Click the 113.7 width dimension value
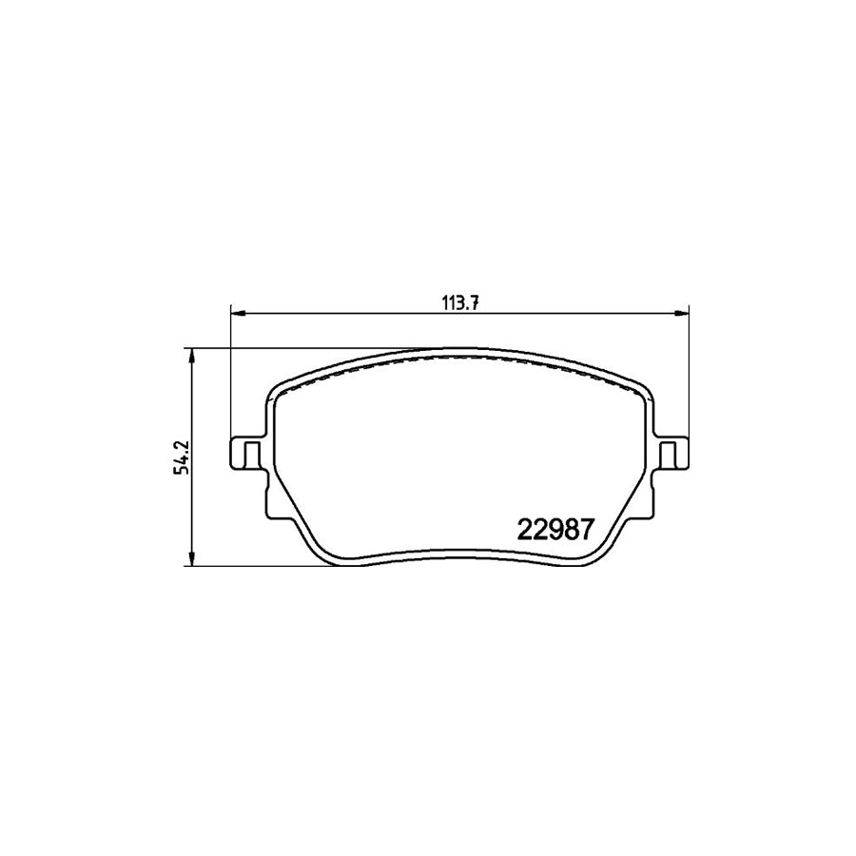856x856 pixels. point(459,304)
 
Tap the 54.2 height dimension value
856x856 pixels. point(182,457)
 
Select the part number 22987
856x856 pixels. point(554,529)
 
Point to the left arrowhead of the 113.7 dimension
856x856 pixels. point(239,313)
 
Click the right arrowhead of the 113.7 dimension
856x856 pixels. point(681,313)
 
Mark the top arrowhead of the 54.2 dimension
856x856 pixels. point(191,356)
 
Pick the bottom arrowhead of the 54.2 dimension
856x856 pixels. point(191,558)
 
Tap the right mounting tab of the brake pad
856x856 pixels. point(671,453)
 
